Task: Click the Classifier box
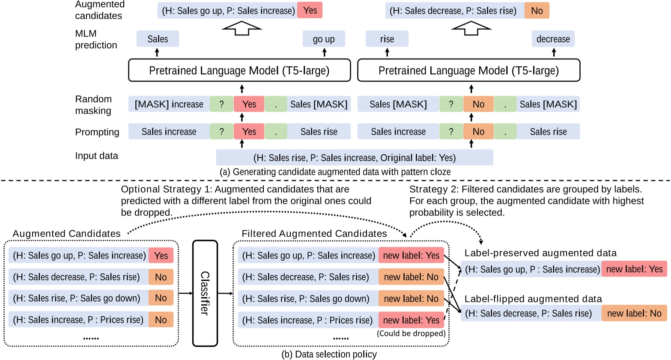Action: click(205, 293)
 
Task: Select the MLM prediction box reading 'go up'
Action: click(324, 39)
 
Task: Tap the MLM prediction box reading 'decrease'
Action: click(553, 39)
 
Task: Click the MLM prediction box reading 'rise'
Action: click(387, 39)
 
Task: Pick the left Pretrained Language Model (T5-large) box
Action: click(239, 71)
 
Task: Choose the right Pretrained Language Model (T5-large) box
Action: click(468, 71)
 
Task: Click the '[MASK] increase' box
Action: click(169, 104)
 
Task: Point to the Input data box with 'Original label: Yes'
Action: click(355, 158)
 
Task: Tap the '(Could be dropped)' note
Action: click(411, 333)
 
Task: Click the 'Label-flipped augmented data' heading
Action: click(533, 299)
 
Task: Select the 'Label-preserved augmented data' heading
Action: click(540, 253)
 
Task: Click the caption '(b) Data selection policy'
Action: click(329, 354)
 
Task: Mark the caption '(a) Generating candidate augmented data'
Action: click(335, 172)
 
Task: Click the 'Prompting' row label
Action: click(97, 132)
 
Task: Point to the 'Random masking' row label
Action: click(93, 105)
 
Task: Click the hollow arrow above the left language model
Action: click(242, 28)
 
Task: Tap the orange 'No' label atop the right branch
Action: click(537, 11)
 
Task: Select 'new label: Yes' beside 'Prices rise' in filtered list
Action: click(411, 320)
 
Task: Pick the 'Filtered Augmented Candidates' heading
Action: click(314, 234)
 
